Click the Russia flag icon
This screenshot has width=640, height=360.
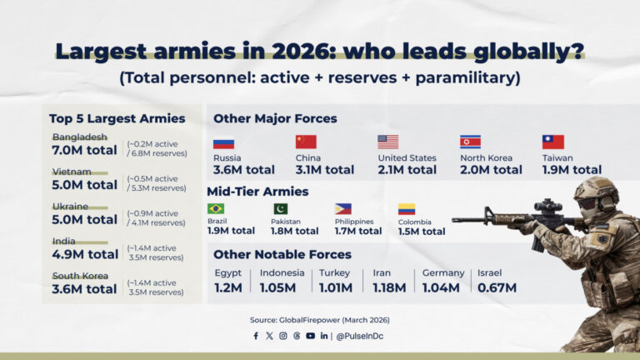pyautogui.click(x=223, y=142)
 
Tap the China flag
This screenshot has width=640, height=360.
pyautogui.click(x=306, y=142)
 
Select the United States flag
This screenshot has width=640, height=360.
pyautogui.click(x=387, y=142)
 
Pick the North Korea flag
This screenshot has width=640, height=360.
pyautogui.click(x=470, y=142)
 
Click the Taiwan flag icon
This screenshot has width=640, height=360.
pyautogui.click(x=552, y=142)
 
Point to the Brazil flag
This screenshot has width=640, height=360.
pyautogui.click(x=216, y=208)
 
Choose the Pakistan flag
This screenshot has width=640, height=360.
pyautogui.click(x=281, y=208)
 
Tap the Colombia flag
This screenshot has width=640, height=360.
pyautogui.click(x=406, y=209)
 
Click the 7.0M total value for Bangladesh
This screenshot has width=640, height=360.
pyautogui.click(x=85, y=150)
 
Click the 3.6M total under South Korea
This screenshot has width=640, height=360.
pyautogui.click(x=84, y=289)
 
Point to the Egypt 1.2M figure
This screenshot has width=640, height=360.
pyautogui.click(x=227, y=287)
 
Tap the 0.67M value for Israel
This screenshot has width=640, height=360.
pyautogui.click(x=497, y=287)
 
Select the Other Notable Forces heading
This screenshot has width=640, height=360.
pyautogui.click(x=282, y=254)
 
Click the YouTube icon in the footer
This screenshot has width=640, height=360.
pyautogui.click(x=310, y=336)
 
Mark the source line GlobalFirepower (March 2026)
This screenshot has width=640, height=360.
pyautogui.click(x=319, y=320)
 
